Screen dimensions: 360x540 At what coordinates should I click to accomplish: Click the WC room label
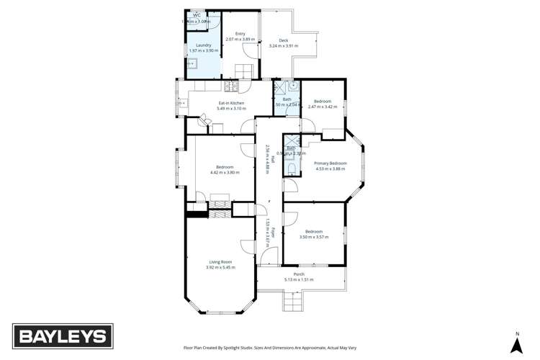[196, 14]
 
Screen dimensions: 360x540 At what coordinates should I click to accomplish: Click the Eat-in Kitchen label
[231, 103]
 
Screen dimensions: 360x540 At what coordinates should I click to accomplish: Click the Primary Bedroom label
[330, 163]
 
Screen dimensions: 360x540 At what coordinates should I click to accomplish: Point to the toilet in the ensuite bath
[290, 168]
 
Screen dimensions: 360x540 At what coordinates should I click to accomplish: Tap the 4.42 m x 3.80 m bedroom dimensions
[222, 172]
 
